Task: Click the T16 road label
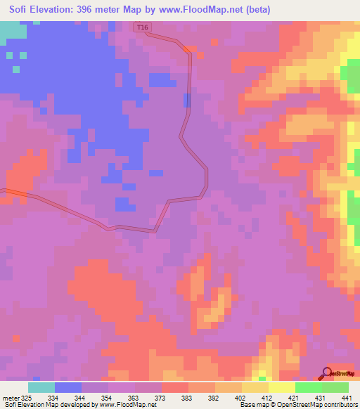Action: pos(143,27)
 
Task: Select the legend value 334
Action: pos(52,398)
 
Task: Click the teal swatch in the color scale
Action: pos(41,387)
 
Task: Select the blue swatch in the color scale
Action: pos(68,387)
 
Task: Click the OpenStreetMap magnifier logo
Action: pos(326,372)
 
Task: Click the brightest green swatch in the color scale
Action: pos(309,387)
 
